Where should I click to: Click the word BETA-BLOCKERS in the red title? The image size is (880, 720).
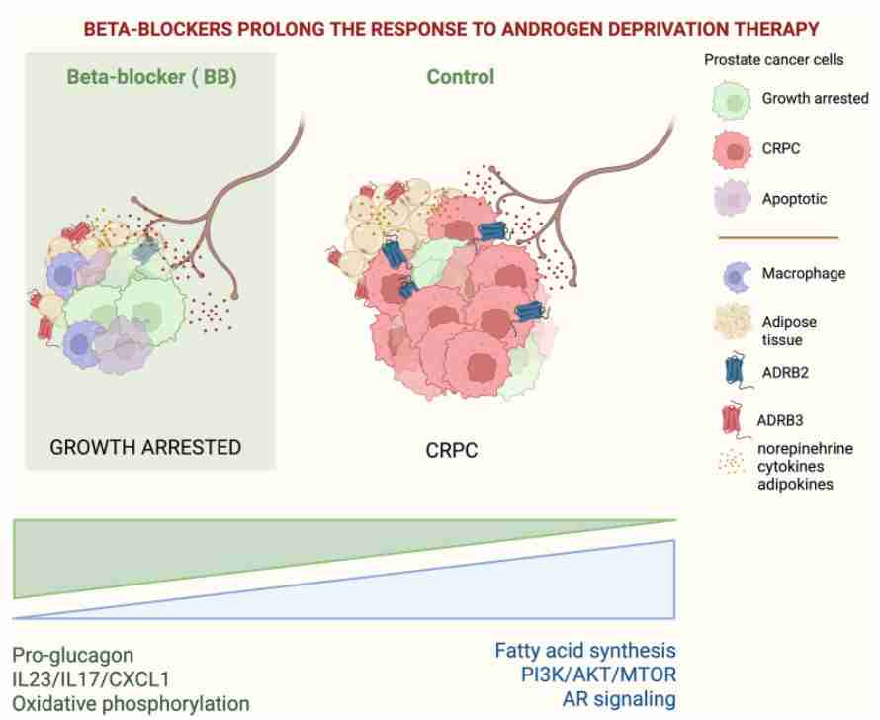pyautogui.click(x=157, y=29)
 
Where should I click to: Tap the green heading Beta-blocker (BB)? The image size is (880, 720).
pyautogui.click(x=151, y=77)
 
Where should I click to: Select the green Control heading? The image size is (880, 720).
pyautogui.click(x=461, y=77)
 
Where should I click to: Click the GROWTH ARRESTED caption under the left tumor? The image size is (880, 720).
pyautogui.click(x=145, y=447)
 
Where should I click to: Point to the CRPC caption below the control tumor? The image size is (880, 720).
pyautogui.click(x=452, y=450)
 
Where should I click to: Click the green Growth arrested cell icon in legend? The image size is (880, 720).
pyautogui.click(x=732, y=101)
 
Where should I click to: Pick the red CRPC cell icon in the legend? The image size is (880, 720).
pyautogui.click(x=733, y=150)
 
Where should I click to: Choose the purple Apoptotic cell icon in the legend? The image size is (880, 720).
pyautogui.click(x=733, y=198)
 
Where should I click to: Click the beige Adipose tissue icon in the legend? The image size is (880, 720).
pyautogui.click(x=733, y=321)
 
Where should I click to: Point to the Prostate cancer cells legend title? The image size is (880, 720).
pyautogui.click(x=774, y=60)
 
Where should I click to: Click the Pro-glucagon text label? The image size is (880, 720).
pyautogui.click(x=73, y=656)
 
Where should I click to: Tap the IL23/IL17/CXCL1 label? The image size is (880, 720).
pyautogui.click(x=91, y=679)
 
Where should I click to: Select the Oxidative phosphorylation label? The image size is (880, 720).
pyautogui.click(x=131, y=704)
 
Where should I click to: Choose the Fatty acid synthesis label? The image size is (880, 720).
pyautogui.click(x=585, y=651)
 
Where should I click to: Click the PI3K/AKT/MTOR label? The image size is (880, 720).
pyautogui.click(x=599, y=675)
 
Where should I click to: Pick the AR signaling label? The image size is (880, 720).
pyautogui.click(x=620, y=699)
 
